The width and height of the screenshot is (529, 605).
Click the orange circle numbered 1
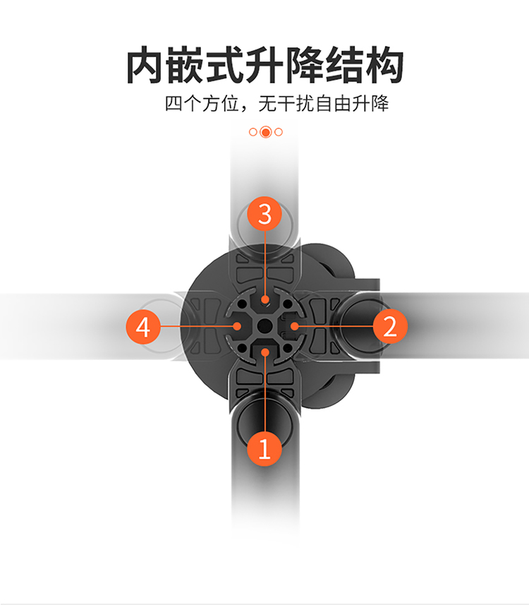264,449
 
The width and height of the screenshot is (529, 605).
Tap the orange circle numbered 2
390,326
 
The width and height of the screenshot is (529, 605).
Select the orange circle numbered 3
264,214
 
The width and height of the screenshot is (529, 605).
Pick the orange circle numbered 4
143,327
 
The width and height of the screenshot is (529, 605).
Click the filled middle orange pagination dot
266,132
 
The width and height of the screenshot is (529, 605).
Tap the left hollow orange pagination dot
253,132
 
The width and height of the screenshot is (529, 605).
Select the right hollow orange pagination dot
279,132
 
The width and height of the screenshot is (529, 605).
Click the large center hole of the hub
265,326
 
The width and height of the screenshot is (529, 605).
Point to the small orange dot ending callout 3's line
265,299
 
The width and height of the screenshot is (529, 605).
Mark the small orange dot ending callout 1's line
265,352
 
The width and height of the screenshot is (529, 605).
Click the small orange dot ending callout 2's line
294,326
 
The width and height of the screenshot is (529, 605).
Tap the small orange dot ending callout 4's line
237,326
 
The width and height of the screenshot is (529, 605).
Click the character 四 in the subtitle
174,104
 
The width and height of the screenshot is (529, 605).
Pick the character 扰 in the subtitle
305,104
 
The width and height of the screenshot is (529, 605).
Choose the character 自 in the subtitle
324,104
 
